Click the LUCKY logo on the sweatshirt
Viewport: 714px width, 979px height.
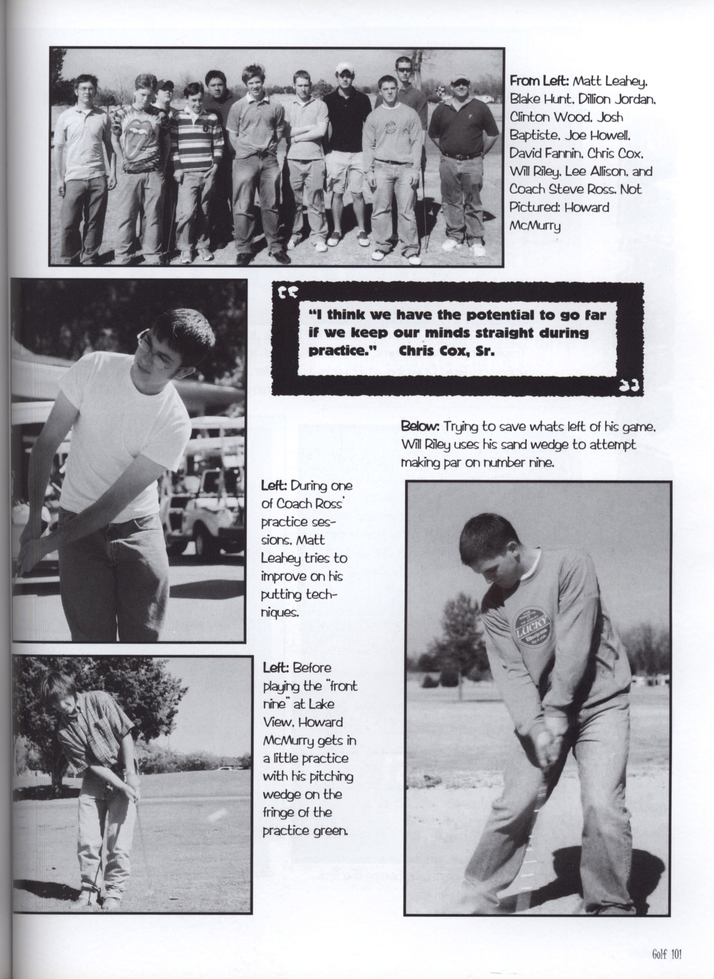(x=531, y=625)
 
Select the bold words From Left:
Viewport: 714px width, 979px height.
(x=541, y=81)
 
